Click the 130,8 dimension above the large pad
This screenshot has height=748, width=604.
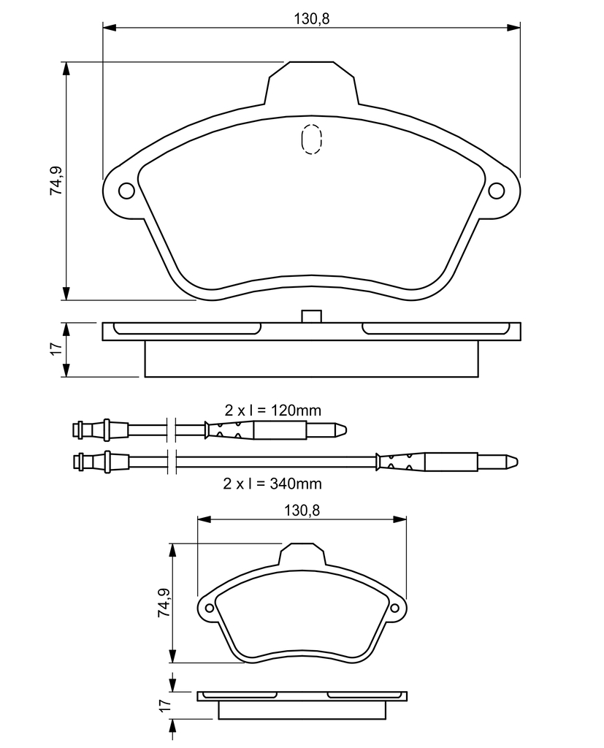tap(312, 18)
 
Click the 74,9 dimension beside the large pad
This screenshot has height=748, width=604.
tap(56, 180)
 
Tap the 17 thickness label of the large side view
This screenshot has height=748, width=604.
tap(57, 348)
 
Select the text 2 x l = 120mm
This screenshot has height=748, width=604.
tap(273, 410)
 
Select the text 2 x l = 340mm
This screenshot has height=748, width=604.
tap(272, 484)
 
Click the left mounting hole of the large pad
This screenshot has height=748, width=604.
tap(126, 191)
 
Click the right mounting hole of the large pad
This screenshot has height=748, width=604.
tap(497, 191)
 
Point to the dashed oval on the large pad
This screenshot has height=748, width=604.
tap(312, 140)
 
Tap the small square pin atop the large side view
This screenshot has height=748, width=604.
tap(312, 316)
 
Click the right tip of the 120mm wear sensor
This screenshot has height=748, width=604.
tap(346, 430)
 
